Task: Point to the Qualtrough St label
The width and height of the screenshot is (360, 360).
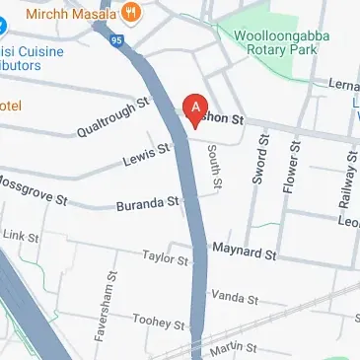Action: point(114,113)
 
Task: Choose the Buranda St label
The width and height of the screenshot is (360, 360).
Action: point(147,204)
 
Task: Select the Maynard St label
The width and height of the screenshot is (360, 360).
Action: point(244,252)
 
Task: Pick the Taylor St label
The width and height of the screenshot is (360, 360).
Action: point(165,257)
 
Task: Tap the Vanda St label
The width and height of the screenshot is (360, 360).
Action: point(234,297)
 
